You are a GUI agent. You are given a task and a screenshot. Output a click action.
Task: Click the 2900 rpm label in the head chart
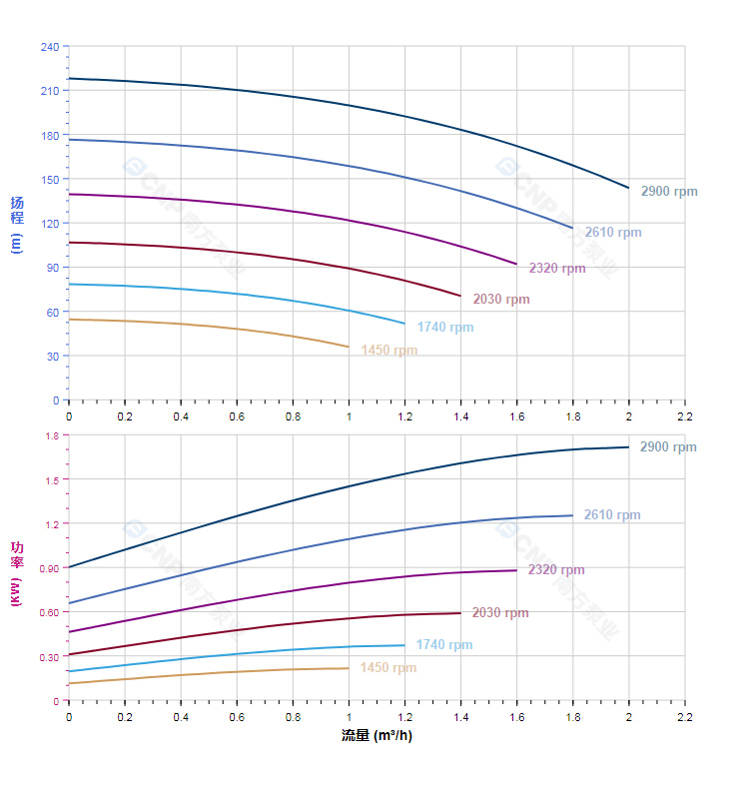[x=668, y=192]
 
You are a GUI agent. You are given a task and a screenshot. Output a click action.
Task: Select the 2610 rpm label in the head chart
[x=612, y=233]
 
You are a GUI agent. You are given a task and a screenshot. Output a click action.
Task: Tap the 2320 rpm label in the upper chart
[x=556, y=268]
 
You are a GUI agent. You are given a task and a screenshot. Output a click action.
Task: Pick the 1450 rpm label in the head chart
[x=388, y=351]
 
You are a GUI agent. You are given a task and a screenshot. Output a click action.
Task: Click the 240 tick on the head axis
[x=49, y=47]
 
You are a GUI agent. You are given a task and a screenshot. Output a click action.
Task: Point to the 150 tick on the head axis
[x=49, y=180]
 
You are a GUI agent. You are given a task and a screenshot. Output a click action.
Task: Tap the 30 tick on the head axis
[x=52, y=356]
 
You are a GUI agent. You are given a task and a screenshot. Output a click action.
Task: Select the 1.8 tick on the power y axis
[x=52, y=435]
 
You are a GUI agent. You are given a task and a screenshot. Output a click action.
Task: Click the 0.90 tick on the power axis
[x=49, y=568]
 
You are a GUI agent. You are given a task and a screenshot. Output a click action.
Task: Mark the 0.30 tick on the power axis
[x=49, y=656]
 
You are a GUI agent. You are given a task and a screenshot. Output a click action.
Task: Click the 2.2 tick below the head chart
[x=684, y=414]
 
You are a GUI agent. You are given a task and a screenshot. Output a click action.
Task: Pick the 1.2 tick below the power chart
[x=404, y=716]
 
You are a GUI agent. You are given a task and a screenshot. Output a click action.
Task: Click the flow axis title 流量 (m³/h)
[x=376, y=736]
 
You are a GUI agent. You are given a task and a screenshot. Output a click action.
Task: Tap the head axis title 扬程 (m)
[x=17, y=225]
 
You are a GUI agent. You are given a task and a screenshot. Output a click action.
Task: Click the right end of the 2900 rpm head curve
[x=628, y=188]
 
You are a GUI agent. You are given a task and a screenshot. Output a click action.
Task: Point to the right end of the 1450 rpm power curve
[x=349, y=668]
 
